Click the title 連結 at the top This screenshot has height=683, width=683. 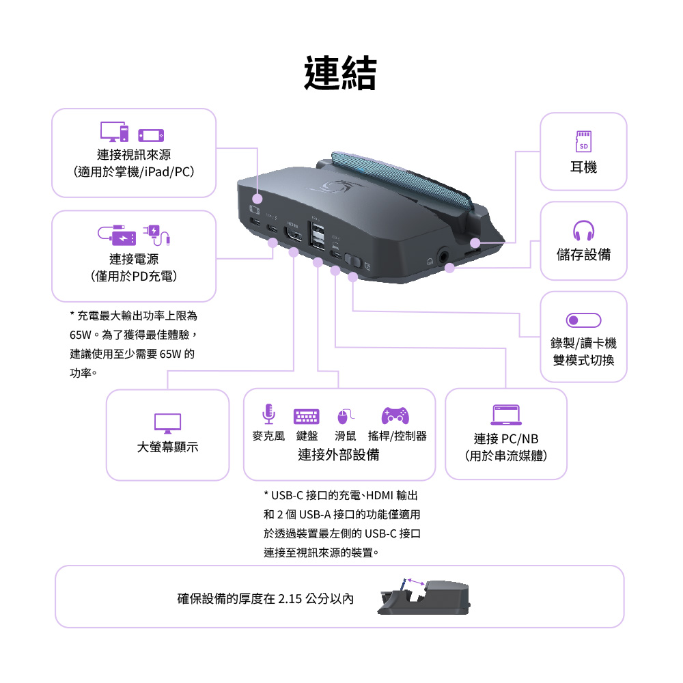point(340,73)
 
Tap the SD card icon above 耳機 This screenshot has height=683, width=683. point(583,141)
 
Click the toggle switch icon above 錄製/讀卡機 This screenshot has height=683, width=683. point(583,320)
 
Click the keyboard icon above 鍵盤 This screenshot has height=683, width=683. point(307,415)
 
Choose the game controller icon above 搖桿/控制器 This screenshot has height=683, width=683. point(395,414)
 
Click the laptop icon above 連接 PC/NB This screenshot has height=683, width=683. point(506,415)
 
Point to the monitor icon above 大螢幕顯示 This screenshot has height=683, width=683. point(167,423)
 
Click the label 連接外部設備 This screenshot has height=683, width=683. point(339,455)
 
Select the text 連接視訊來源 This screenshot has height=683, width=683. point(134,155)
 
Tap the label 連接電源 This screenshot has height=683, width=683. point(134,259)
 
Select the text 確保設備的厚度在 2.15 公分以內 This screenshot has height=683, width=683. point(266,599)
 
